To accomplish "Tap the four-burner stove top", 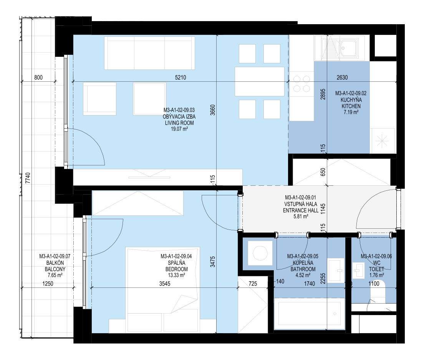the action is tap(301, 84).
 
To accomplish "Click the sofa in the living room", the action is tap(149, 53).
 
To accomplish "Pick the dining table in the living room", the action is tap(260, 82).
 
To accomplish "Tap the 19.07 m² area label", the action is tap(179, 129).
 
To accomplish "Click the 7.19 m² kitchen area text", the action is tap(351, 112).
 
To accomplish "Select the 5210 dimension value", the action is tap(181, 78).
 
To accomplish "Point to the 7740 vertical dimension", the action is tap(28, 178).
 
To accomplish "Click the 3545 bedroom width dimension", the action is tap(165, 284).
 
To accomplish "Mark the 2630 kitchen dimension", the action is tap(342, 78).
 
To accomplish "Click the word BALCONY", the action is tap(55, 269).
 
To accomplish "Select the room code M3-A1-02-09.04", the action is tap(176, 256).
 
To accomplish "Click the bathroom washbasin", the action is tap(336, 271).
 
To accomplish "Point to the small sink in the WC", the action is tap(359, 270).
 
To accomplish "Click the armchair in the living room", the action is tap(99, 99).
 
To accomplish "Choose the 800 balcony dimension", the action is tap(38, 78).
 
